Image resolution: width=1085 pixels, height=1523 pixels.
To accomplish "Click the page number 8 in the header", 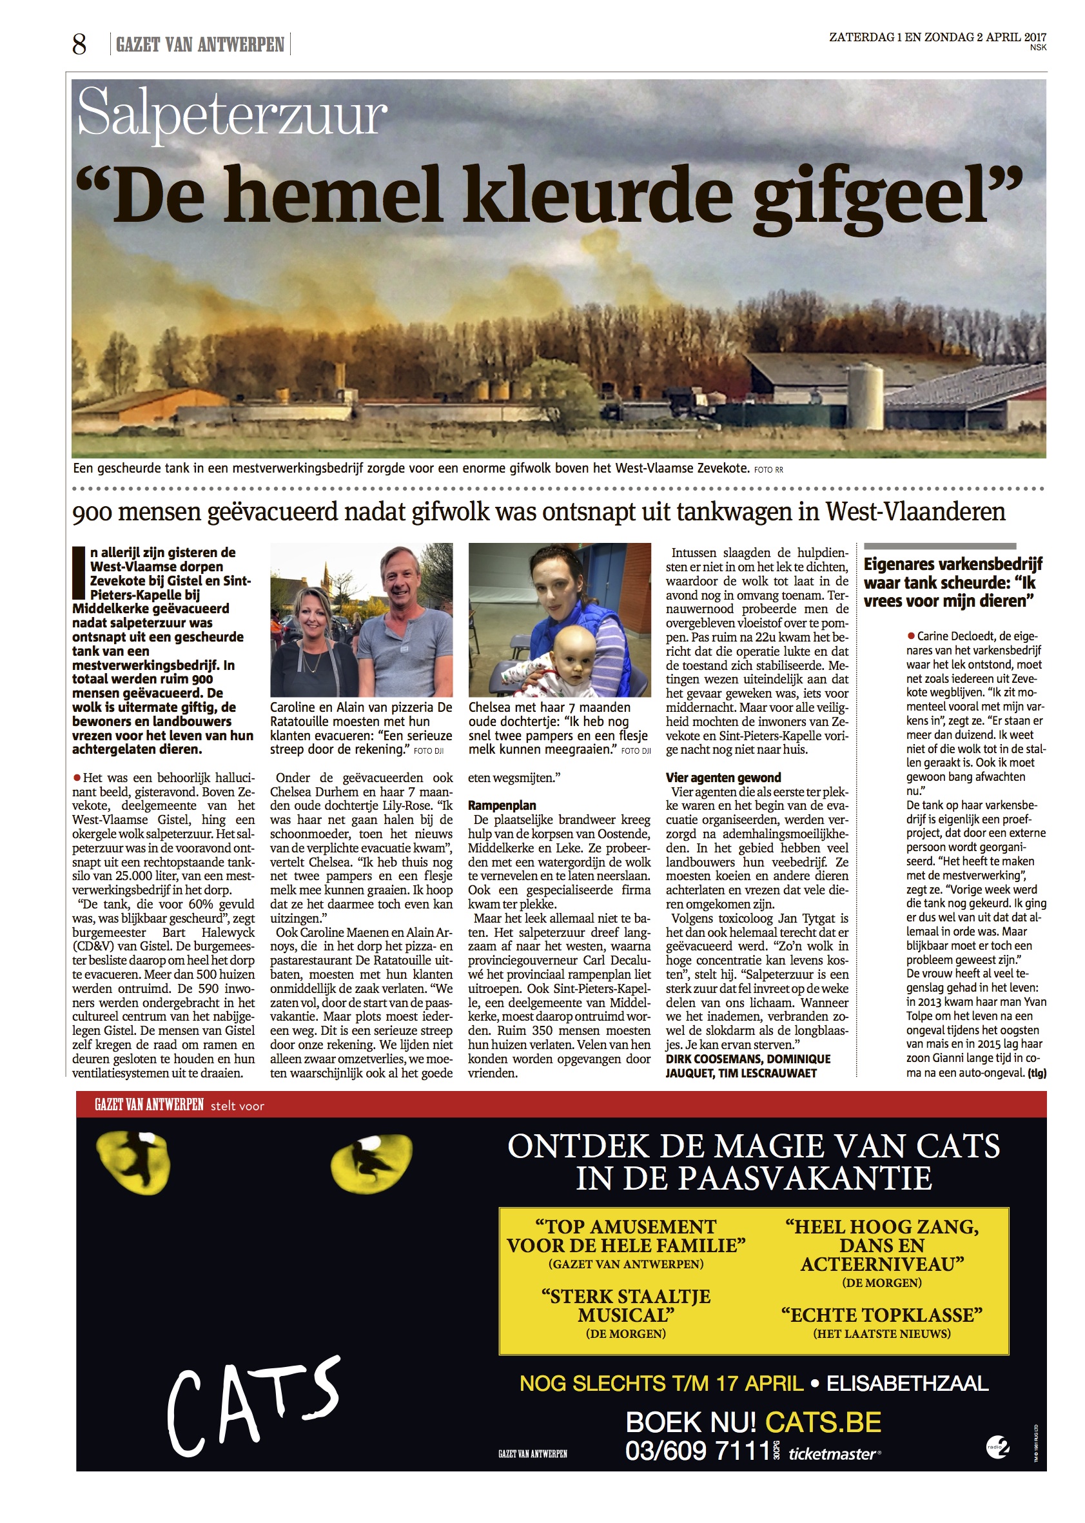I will [79, 44].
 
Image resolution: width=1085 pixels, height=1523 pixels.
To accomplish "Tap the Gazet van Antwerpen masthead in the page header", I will [200, 44].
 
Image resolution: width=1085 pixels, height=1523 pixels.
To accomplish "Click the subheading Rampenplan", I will [502, 805].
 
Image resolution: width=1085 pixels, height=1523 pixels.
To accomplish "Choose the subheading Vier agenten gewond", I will [723, 777].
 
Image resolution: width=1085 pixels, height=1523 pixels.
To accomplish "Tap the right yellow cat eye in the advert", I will [371, 1163].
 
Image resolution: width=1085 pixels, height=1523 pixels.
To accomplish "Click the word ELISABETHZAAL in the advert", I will [907, 1383].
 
